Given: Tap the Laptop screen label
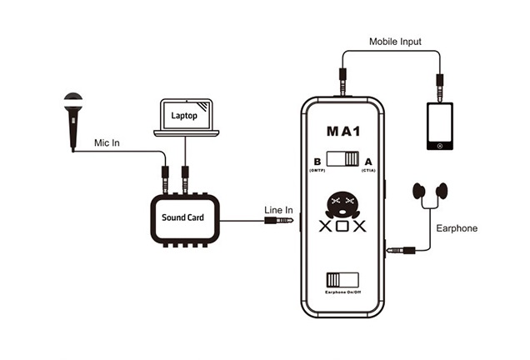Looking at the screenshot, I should coord(185,116).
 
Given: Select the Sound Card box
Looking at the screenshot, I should coord(183,218).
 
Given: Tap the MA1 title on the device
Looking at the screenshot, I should coord(343,132).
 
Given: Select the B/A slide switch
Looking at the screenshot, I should coord(342,160).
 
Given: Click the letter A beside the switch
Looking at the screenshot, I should coord(369,162).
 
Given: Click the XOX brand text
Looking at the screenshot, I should coord(342,226).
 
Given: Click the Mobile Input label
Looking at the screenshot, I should coord(397,41).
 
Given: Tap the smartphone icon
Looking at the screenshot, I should coord(439,126).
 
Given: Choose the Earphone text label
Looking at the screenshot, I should coord(457,227).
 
